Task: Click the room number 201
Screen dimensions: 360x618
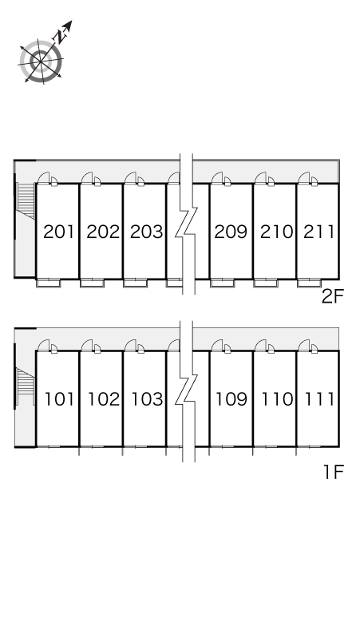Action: point(59,232)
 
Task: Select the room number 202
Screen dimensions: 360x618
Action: point(103,232)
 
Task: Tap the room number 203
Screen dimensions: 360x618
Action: point(147,232)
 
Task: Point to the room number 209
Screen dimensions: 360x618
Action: point(231,232)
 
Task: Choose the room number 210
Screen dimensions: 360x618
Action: point(276,232)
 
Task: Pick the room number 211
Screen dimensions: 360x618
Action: point(319,232)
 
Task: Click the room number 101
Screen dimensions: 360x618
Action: point(60,399)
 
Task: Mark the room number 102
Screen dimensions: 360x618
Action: point(104,399)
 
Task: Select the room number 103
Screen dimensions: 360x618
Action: point(147,399)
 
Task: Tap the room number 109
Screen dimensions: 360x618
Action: point(231,399)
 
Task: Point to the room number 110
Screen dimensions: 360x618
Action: point(277,399)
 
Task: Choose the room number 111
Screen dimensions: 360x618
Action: point(320,399)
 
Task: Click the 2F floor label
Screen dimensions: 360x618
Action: point(333,296)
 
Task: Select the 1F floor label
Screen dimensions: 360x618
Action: point(334,472)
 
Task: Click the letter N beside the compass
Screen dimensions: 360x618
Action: point(59,37)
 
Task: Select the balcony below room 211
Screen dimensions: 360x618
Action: point(308,283)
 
